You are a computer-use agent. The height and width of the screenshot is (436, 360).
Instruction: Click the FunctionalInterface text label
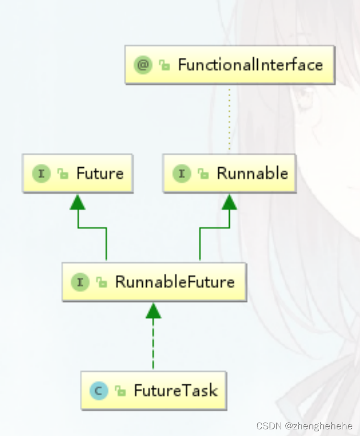click(250, 65)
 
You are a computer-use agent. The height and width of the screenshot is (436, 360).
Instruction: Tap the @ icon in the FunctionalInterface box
click(143, 65)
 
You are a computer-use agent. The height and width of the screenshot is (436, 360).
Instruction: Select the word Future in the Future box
click(100, 173)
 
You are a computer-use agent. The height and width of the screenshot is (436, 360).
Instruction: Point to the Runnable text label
click(252, 173)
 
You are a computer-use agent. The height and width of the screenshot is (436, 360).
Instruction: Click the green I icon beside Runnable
click(182, 173)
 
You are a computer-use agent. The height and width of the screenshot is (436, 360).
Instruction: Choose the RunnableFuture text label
click(174, 282)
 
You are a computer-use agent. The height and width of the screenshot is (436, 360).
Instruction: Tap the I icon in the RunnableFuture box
click(80, 282)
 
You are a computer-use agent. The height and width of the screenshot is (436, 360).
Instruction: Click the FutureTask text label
click(175, 391)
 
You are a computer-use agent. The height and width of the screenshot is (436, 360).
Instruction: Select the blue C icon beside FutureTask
click(99, 391)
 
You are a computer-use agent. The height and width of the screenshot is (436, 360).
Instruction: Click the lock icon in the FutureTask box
click(121, 391)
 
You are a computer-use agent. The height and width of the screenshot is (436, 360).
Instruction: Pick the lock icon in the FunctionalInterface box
click(164, 66)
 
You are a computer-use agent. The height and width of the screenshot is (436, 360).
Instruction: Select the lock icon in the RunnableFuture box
click(102, 282)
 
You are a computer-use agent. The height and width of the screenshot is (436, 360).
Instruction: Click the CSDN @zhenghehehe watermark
click(305, 426)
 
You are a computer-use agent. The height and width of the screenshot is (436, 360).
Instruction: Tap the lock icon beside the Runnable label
click(204, 174)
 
